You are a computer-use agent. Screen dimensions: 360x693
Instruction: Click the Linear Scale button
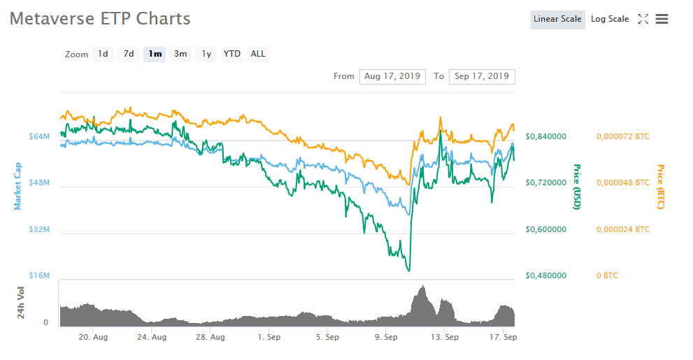[x=557, y=20]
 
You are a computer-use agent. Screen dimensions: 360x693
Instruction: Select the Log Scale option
[x=610, y=20]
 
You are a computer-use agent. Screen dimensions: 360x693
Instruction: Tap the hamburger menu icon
[x=662, y=20]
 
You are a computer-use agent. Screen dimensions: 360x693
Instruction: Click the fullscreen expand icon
[x=643, y=20]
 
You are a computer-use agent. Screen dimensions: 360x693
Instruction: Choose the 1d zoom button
[x=103, y=54]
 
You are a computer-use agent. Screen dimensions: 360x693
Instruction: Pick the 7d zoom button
[x=129, y=54]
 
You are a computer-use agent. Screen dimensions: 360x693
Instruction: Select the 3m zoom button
[x=180, y=54]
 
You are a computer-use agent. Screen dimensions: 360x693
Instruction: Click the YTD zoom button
[x=232, y=54]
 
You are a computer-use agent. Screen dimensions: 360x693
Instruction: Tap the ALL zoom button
[x=258, y=54]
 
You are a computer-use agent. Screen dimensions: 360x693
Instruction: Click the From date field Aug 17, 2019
[x=392, y=76]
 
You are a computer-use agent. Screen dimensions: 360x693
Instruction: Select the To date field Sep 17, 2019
[x=482, y=76]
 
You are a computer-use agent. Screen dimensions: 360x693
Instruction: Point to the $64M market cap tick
[x=38, y=136]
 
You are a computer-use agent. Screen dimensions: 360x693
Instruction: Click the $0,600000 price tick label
[x=546, y=229]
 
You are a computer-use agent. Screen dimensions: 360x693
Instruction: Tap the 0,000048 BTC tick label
[x=623, y=183]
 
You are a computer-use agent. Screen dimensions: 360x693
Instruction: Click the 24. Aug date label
[x=152, y=337]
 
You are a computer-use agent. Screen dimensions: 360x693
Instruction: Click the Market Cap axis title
[x=17, y=186]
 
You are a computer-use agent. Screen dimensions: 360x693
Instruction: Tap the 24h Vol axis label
[x=21, y=303]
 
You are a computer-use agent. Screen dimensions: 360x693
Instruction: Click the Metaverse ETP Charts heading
[x=100, y=19]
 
